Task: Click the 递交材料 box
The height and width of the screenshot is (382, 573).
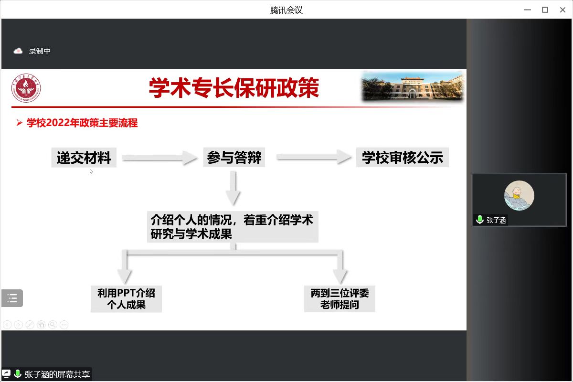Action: [84, 158]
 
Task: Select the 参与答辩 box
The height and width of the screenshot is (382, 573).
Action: [234, 157]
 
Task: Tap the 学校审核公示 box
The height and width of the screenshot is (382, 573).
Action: [403, 157]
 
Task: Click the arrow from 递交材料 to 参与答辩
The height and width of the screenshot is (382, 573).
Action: [159, 158]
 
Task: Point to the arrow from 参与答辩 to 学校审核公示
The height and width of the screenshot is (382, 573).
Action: [314, 157]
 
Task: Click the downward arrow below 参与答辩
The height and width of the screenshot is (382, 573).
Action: [233, 188]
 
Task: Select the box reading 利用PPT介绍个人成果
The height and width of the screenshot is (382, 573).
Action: [126, 299]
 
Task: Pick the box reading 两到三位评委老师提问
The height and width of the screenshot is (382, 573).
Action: [340, 299]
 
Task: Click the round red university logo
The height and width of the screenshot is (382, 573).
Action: [26, 88]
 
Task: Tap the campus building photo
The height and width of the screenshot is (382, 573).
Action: [413, 86]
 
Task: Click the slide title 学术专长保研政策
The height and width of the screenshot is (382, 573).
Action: [234, 88]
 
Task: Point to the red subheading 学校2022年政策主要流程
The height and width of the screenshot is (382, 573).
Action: [82, 123]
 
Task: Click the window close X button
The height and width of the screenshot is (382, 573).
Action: [562, 10]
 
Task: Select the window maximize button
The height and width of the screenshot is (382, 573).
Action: [545, 10]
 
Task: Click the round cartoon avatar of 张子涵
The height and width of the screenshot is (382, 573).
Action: [519, 195]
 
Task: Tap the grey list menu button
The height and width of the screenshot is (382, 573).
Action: [12, 298]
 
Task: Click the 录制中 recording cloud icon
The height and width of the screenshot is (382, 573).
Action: [18, 51]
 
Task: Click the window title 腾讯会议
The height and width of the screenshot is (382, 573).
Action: [286, 10]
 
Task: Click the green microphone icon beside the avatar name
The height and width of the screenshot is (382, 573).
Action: [479, 220]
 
